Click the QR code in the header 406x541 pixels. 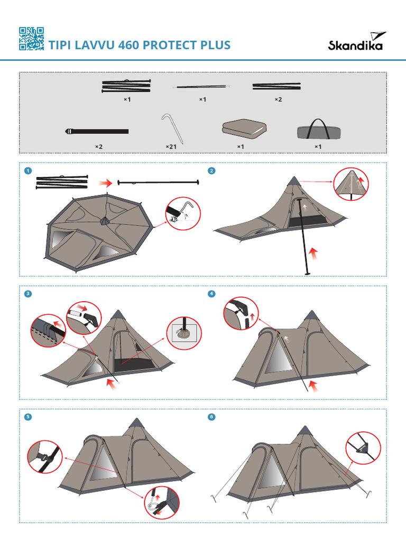click(31, 39)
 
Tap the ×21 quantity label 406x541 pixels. click(171, 146)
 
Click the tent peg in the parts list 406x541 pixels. click(172, 127)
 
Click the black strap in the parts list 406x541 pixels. click(97, 131)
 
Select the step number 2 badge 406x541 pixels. click(212, 171)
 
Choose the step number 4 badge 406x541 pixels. click(212, 294)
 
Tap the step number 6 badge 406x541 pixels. click(212, 417)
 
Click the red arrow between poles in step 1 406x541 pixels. click(106, 183)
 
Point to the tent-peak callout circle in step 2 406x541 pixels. click(351, 184)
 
